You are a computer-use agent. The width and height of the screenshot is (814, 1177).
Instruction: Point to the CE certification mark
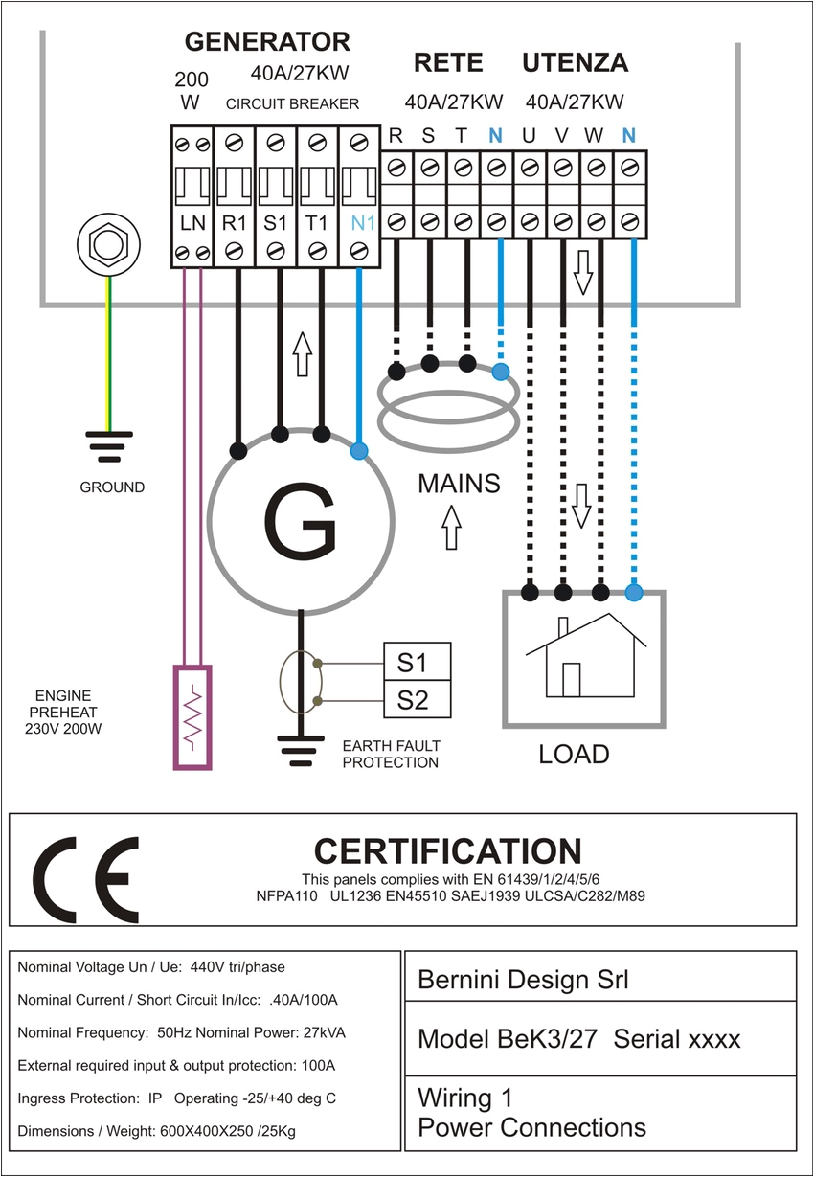[x=86, y=877]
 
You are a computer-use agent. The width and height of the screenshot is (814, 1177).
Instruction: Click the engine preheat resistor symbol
[x=192, y=717]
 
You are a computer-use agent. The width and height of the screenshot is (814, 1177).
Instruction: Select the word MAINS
[x=459, y=484]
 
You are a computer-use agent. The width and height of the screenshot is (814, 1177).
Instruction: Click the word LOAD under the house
[x=574, y=755]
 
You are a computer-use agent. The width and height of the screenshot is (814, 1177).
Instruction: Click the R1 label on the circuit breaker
[x=235, y=224]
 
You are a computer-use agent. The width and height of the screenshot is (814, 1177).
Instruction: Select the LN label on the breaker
[x=192, y=224]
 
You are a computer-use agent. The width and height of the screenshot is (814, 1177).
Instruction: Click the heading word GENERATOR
[x=267, y=42]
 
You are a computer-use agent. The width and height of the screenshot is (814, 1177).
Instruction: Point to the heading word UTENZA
[x=575, y=63]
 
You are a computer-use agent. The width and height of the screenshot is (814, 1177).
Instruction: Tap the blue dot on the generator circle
[x=359, y=451]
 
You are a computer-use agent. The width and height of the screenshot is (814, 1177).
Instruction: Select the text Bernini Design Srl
[x=524, y=980]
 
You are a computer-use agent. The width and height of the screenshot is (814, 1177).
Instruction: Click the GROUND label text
[x=112, y=487]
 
